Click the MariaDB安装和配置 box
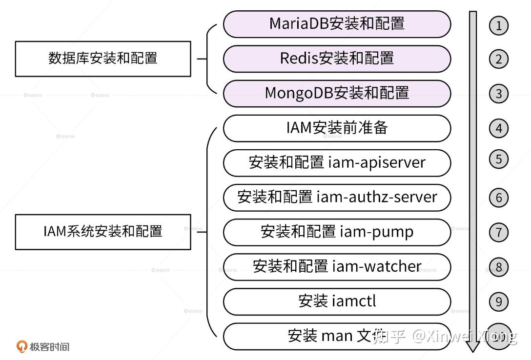click(337, 24)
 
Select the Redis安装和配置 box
click(337, 59)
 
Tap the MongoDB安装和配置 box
click(337, 93)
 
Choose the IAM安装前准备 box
click(337, 128)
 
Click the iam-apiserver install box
click(337, 162)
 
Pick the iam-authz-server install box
click(337, 197)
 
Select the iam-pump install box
click(337, 232)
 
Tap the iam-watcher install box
click(337, 266)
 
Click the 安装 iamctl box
click(337, 301)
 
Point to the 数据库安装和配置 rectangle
click(103, 59)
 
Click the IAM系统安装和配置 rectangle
click(103, 231)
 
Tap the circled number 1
click(498, 25)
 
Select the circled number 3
click(498, 94)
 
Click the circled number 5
click(498, 159)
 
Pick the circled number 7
click(498, 232)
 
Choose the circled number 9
click(498, 301)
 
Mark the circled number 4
click(498, 128)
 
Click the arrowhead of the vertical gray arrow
click(472, 345)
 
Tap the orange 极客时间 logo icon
click(21, 346)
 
